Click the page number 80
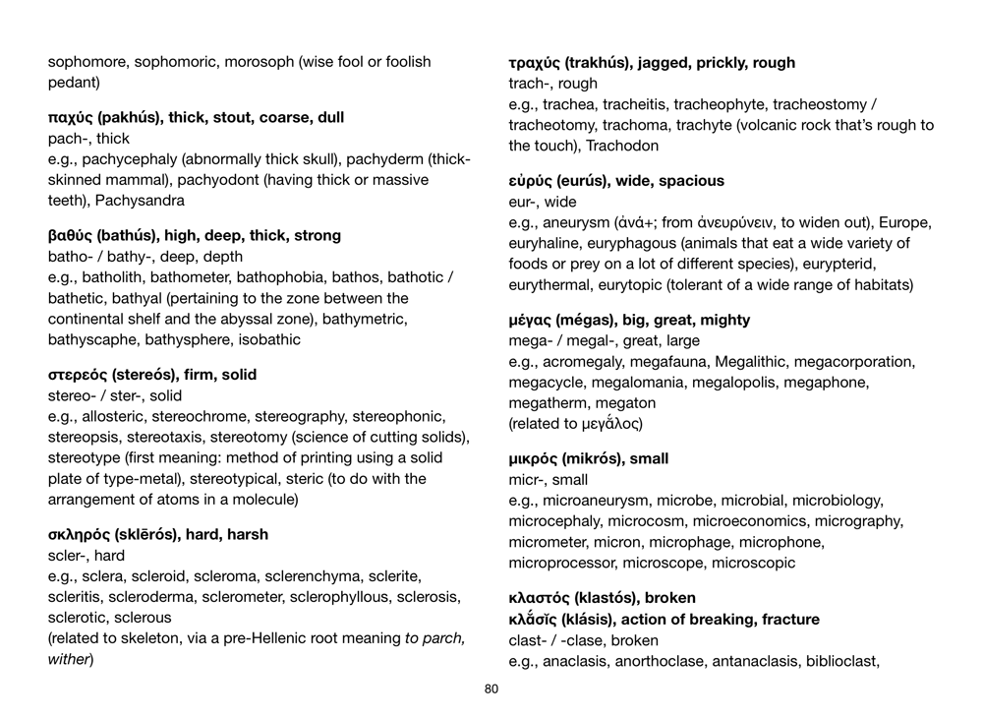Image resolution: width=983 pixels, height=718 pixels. click(x=491, y=688)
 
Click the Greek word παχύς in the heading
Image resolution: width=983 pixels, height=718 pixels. click(x=71, y=118)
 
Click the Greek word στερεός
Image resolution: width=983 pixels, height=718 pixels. click(x=78, y=375)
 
